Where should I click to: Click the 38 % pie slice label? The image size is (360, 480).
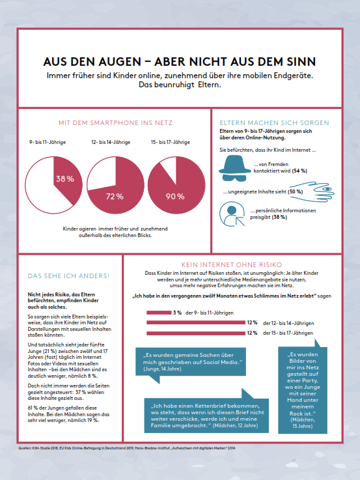click(x=65, y=178)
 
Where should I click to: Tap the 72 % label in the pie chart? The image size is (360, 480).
click(x=115, y=196)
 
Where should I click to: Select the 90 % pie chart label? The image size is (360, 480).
click(x=175, y=196)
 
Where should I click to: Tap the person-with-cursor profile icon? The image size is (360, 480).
click(x=232, y=214)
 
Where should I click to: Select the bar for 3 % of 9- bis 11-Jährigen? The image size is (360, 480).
click(x=159, y=313)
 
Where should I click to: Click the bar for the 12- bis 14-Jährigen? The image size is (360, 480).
click(x=196, y=322)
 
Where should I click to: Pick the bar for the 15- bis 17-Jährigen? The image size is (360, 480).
click(x=196, y=333)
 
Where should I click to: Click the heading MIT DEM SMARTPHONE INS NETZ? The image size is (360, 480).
click(x=116, y=122)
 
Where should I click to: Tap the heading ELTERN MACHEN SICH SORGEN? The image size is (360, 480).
click(x=274, y=122)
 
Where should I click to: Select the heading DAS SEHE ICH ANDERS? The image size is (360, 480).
click(x=68, y=275)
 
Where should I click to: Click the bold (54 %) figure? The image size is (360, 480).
click(x=299, y=171)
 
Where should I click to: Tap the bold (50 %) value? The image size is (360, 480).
click(x=295, y=191)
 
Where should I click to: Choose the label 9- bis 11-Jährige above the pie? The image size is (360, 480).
click(x=48, y=142)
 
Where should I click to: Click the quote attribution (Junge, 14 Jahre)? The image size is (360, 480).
click(x=162, y=369)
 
